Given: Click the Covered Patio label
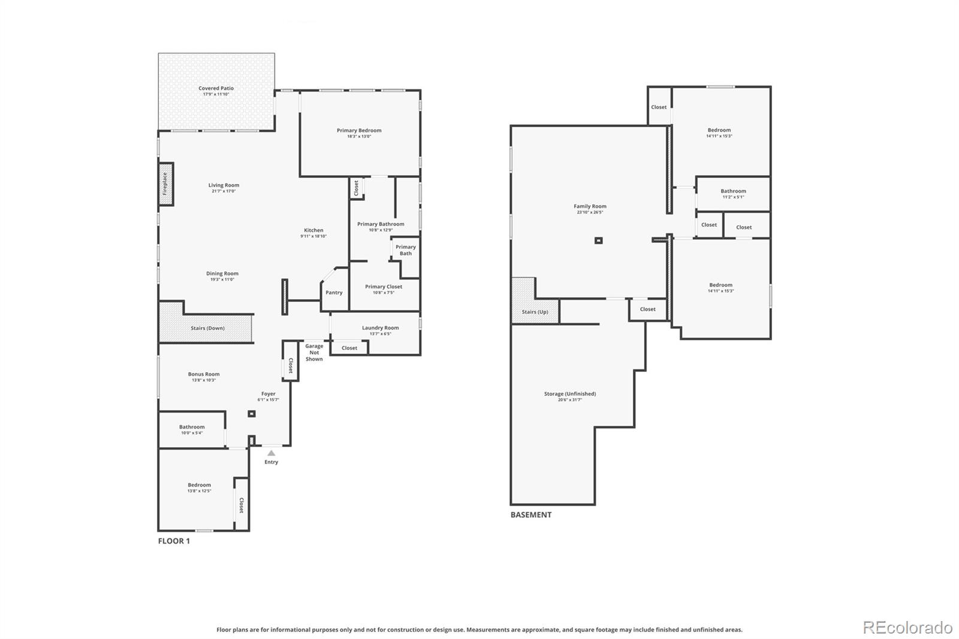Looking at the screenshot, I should [216, 89].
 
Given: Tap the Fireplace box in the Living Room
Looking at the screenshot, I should [165, 184].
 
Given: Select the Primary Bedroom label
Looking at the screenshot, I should [358, 131].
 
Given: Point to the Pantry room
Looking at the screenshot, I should [334, 292].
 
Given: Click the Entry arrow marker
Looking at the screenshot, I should [272, 453].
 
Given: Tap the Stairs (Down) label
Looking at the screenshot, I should [207, 328].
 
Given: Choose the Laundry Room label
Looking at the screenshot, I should [380, 328].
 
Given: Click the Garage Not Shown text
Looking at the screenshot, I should [314, 352].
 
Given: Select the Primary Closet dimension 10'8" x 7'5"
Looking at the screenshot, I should [384, 293].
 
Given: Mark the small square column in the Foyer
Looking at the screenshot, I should [252, 414].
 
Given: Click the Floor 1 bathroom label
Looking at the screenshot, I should [192, 427].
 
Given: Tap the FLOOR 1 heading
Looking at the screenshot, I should [174, 541].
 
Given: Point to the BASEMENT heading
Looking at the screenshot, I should [530, 514].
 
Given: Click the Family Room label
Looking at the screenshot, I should [590, 206].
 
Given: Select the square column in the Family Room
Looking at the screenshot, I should [598, 240].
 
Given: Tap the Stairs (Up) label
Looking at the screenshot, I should [535, 312].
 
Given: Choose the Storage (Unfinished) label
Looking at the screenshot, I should [569, 394].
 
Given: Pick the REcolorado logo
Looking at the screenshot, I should [907, 627].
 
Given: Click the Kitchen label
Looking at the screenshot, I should [313, 230].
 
